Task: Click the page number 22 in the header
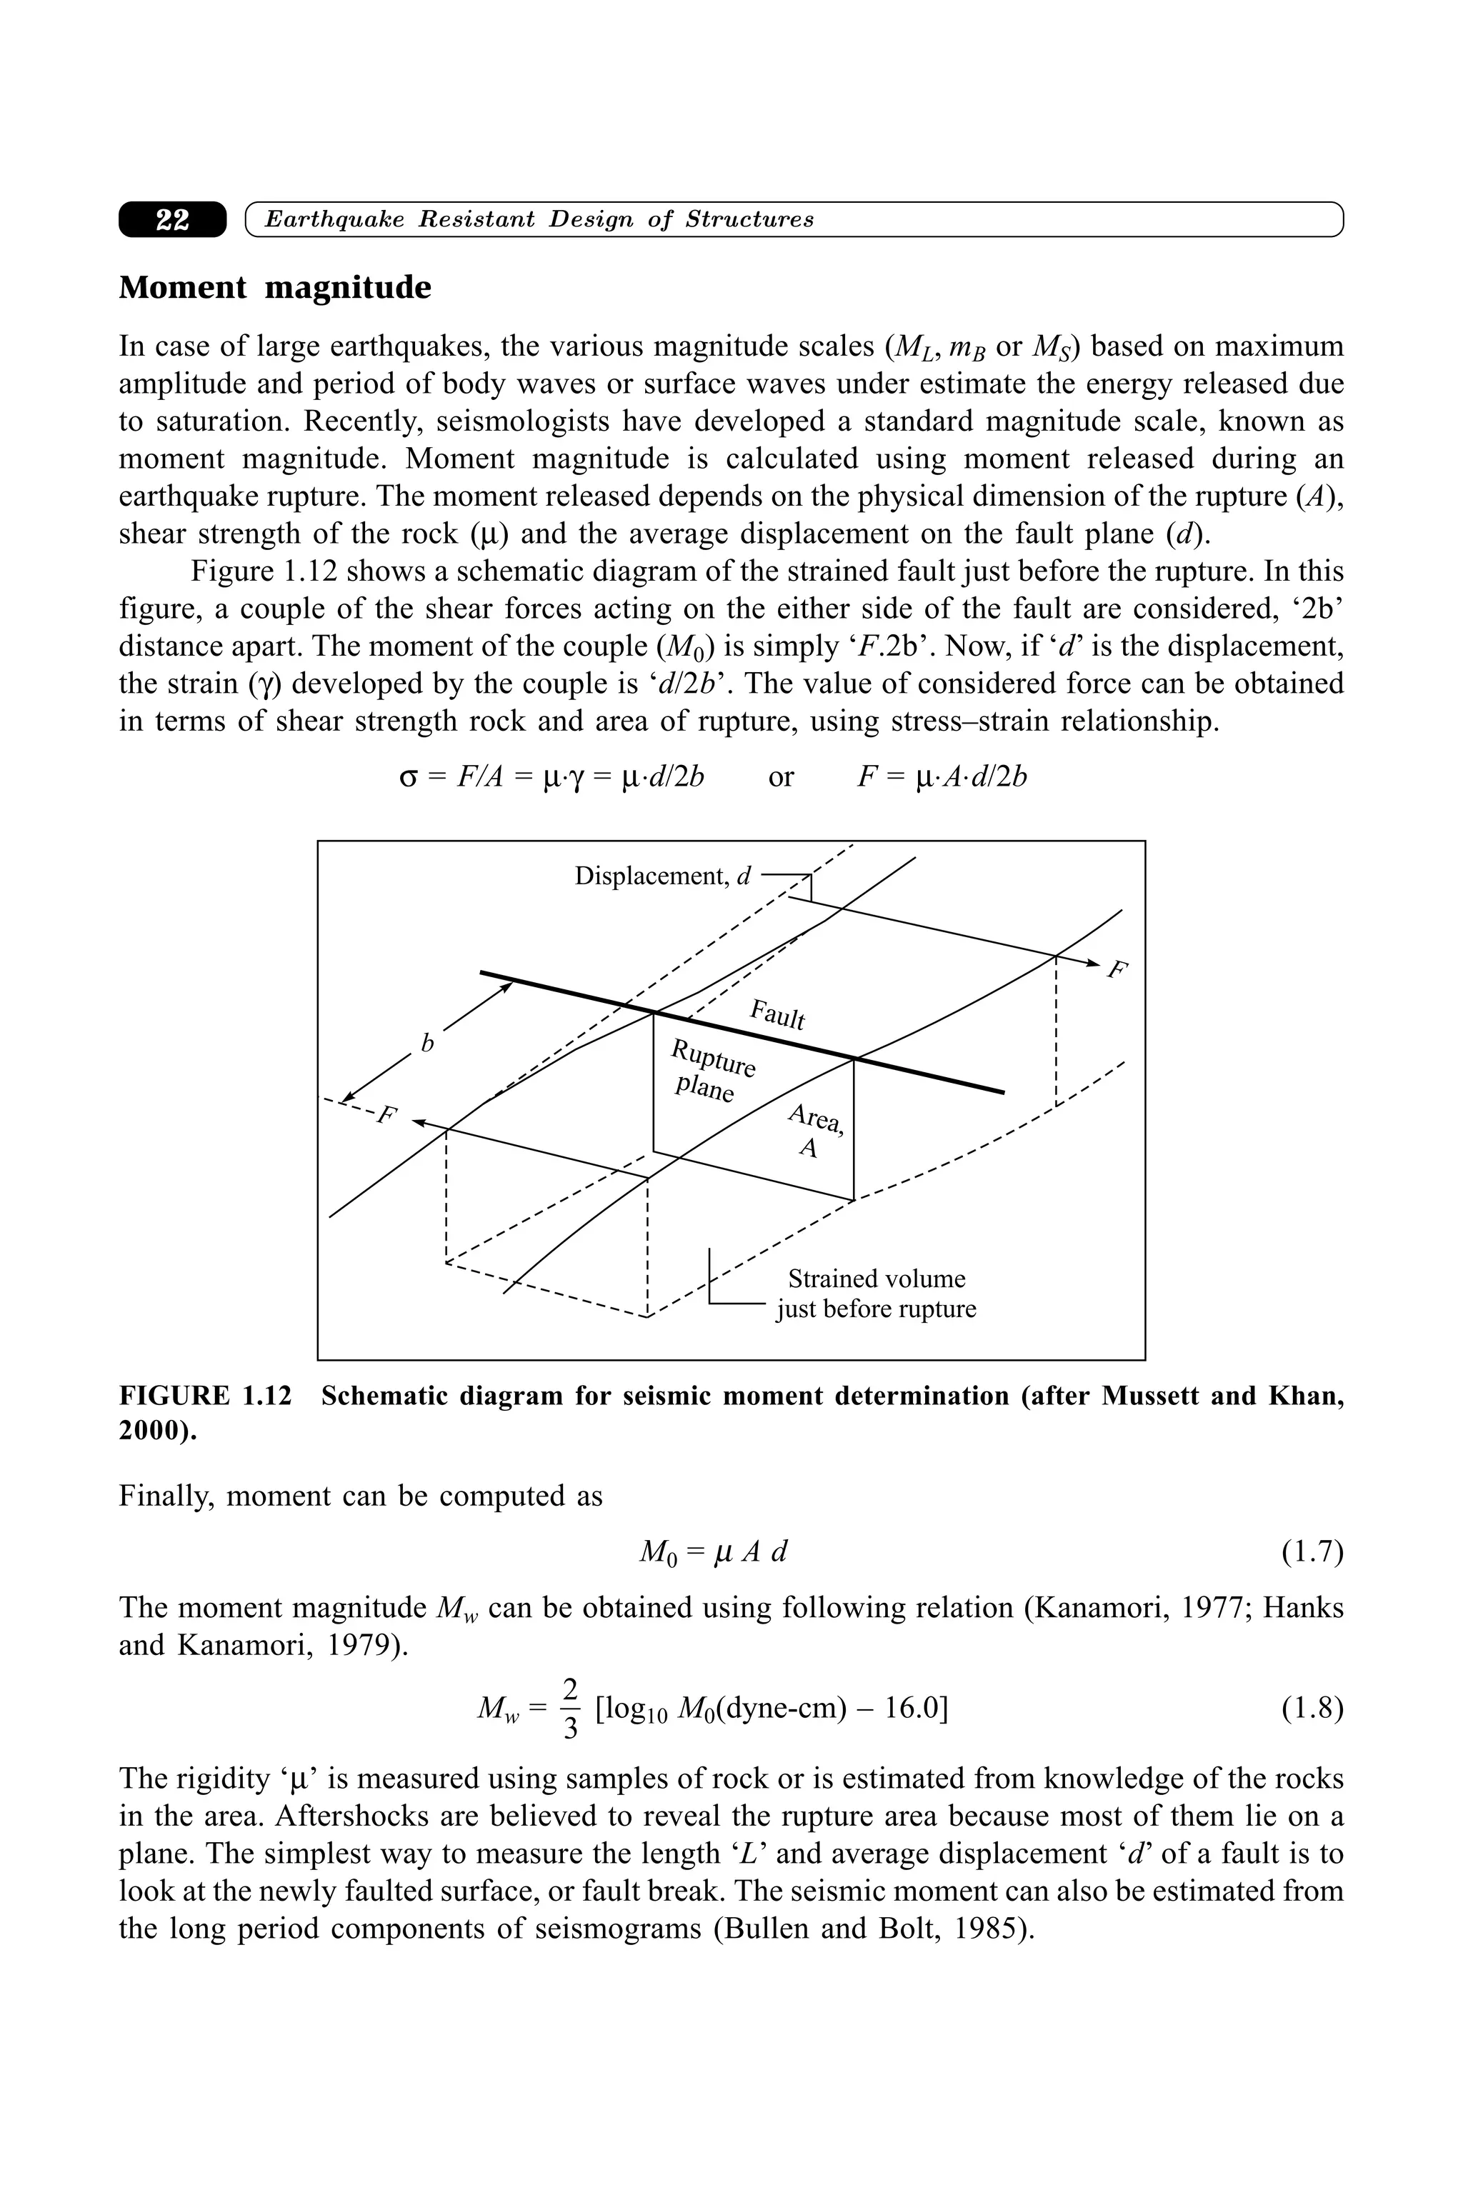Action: click(173, 220)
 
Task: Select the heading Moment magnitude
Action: click(274, 287)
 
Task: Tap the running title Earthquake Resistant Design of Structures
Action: click(539, 220)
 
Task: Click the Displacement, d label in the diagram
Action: click(662, 876)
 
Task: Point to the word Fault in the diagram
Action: click(777, 1014)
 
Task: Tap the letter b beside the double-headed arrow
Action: click(427, 1043)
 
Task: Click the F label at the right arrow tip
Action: click(1116, 970)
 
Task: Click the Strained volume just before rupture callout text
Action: click(875, 1294)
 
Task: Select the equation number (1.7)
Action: click(1311, 1551)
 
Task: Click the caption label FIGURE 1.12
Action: click(204, 1396)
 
